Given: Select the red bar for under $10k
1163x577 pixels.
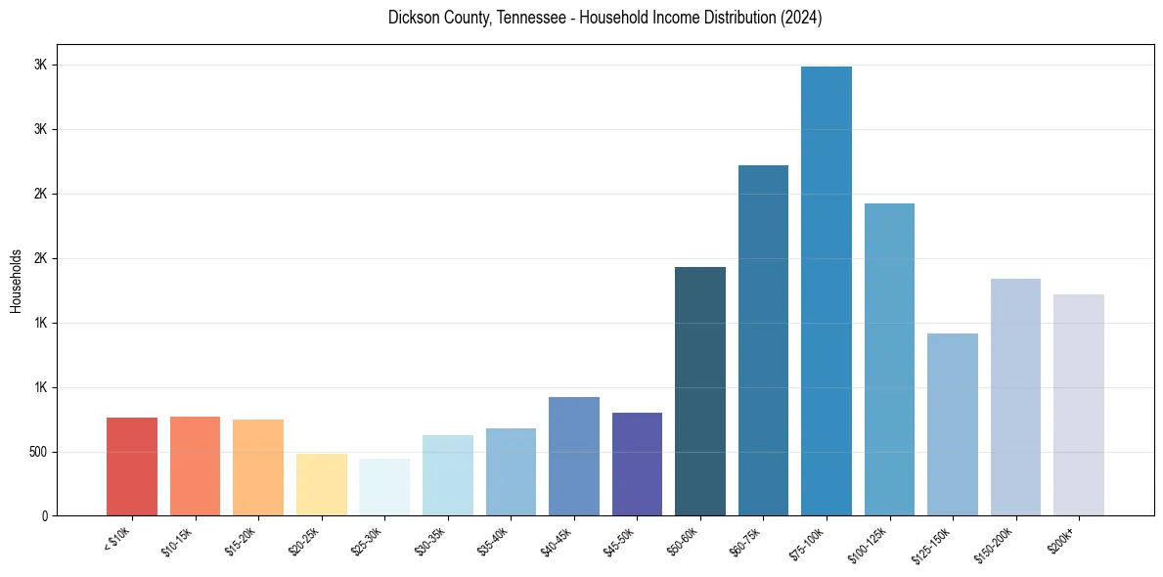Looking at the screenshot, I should [x=132, y=466].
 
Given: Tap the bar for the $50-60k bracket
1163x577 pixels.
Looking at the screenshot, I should [x=700, y=391].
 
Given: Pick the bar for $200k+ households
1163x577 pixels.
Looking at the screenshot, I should [x=1079, y=405].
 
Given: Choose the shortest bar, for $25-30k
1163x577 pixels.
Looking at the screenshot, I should [x=384, y=487].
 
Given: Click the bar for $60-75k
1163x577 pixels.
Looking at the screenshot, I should [x=763, y=340].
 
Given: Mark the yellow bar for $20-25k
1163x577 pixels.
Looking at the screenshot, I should [x=322, y=484].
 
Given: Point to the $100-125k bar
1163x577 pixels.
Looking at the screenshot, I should [x=889, y=359].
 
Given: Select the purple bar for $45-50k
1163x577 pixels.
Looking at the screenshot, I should [x=637, y=464].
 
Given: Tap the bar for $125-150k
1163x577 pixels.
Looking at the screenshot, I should [x=953, y=424].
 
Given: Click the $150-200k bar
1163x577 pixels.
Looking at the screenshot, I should [x=1015, y=397].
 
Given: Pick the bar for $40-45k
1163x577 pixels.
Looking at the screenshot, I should [x=574, y=456].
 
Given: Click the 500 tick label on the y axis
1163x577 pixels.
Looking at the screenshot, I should [x=39, y=452].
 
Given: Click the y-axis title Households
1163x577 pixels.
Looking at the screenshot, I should [x=16, y=280].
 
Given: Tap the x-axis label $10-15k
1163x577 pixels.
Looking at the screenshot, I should [x=177, y=541].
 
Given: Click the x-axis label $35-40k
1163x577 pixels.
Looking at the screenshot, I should [x=493, y=541].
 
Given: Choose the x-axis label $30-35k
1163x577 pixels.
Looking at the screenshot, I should [x=429, y=541].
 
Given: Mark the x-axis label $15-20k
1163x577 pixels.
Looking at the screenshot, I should [x=241, y=541].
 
